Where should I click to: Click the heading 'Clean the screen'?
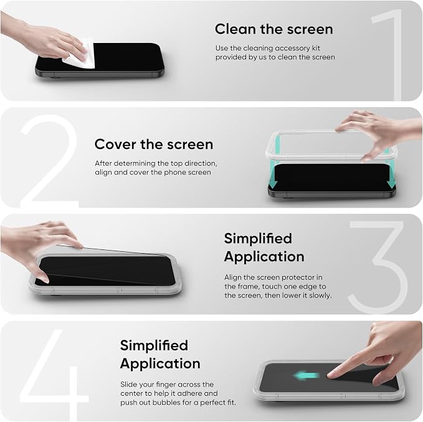(274, 29)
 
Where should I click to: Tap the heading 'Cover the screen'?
(154, 144)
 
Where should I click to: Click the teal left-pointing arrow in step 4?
(306, 375)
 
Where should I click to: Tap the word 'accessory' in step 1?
(288, 49)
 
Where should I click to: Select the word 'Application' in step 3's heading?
(264, 257)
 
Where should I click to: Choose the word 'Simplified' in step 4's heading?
(154, 345)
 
